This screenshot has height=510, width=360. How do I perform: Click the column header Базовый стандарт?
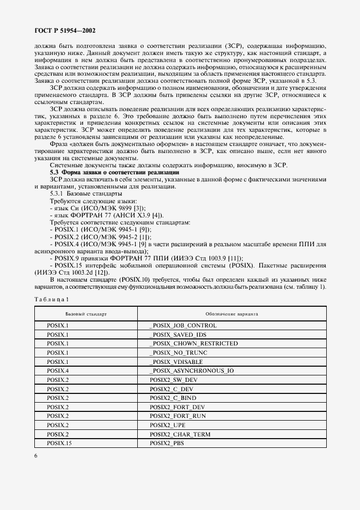86,314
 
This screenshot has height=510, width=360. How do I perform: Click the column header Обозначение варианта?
231,314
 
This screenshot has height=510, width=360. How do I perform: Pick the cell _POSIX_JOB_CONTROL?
182,326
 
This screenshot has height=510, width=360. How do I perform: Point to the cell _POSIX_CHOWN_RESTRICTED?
193,344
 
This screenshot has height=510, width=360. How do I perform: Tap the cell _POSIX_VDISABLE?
175,362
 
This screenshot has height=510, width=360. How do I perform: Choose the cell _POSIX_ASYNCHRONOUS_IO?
191,371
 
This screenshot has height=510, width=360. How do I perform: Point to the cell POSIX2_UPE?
166,425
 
